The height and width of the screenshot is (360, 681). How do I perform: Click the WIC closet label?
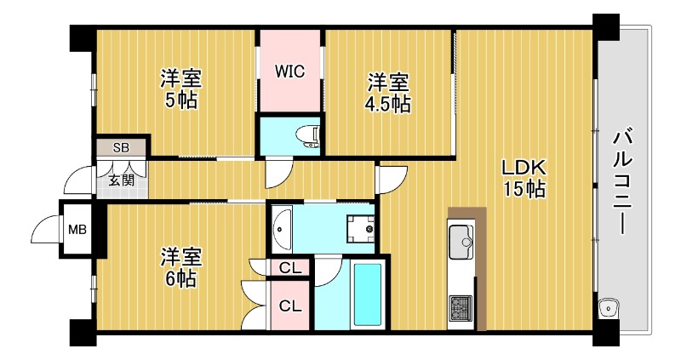click(x=289, y=71)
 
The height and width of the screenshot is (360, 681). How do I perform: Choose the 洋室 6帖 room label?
click(x=181, y=266)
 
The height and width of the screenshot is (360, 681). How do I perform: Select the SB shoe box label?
click(x=121, y=146)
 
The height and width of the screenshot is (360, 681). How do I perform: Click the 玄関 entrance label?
click(x=121, y=180)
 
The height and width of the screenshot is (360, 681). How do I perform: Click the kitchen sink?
click(x=461, y=239)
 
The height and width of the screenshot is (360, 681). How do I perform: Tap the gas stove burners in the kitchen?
click(x=461, y=307)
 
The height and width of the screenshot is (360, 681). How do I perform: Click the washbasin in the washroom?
click(x=282, y=228)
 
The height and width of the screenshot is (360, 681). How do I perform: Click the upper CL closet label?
click(x=290, y=269)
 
